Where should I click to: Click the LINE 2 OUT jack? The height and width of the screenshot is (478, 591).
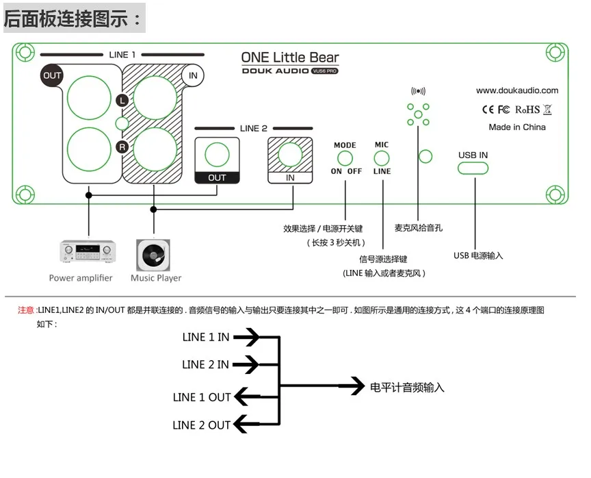(x=217, y=155)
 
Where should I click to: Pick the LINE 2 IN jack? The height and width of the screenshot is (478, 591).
(x=290, y=155)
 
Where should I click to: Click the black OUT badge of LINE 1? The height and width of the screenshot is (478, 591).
(x=52, y=75)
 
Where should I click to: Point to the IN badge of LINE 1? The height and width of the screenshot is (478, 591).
(x=193, y=75)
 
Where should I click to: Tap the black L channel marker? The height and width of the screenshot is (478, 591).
(x=122, y=100)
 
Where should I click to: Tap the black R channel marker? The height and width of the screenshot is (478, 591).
(x=122, y=147)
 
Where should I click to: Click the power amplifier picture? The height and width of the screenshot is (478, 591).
(x=88, y=253)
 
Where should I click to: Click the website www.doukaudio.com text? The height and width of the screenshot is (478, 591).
(x=517, y=90)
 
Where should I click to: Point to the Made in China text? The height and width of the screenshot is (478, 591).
(x=517, y=127)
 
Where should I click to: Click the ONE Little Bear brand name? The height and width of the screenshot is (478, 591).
(x=290, y=58)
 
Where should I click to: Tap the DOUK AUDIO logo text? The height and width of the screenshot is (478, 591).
(x=276, y=71)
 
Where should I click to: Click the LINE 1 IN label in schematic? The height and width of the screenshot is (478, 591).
(x=206, y=337)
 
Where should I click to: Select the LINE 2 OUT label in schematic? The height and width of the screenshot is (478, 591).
(x=202, y=425)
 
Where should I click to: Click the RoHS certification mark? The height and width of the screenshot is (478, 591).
(x=527, y=110)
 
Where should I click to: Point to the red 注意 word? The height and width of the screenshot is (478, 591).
(x=25, y=310)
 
